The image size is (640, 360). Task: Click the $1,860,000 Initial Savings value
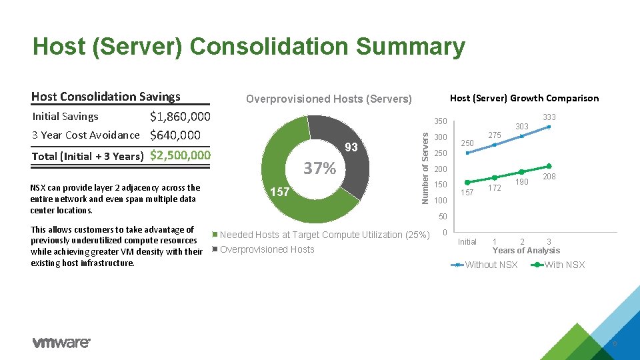pos(180,117)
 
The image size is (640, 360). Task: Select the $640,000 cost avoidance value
pos(175,136)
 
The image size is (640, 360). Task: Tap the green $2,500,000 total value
pos(180,155)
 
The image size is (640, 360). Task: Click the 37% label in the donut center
pos(320,169)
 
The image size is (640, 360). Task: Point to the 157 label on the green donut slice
pos(279,192)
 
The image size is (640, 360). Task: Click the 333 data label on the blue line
pos(548,117)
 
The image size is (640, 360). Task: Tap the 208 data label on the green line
pos(548,177)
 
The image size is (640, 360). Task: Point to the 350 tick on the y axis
pos(440,122)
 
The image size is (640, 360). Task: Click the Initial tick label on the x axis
pos(467,241)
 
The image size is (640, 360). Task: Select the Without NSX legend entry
pos(491,265)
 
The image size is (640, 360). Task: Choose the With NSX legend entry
pos(564,265)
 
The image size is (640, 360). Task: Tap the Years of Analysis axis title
pos(526,251)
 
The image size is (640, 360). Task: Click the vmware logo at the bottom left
pos(61,343)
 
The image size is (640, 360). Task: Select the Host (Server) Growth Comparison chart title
pos(524,98)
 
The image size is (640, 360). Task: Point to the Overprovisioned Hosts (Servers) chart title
pos(329,99)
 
